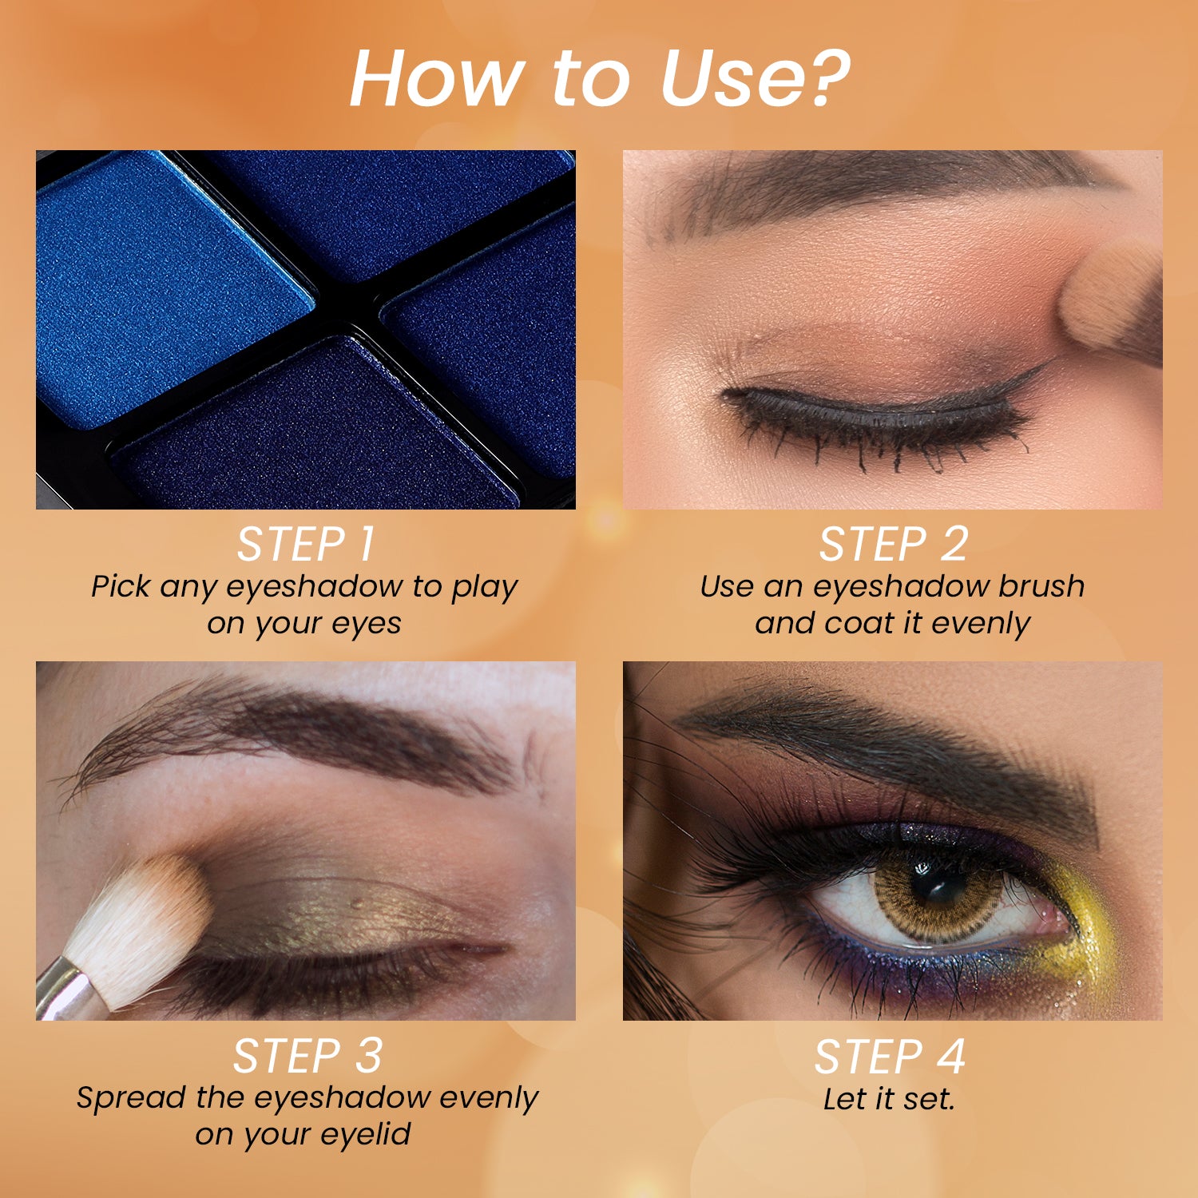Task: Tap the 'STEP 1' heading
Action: (x=305, y=545)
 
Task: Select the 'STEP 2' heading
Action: (x=893, y=545)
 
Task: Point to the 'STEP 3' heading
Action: (x=307, y=1057)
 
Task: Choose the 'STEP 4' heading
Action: (x=890, y=1057)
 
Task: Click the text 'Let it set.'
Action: (x=889, y=1099)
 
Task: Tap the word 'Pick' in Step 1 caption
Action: (x=120, y=586)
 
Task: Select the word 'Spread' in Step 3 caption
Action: (x=130, y=1097)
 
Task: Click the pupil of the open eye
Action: (x=937, y=887)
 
